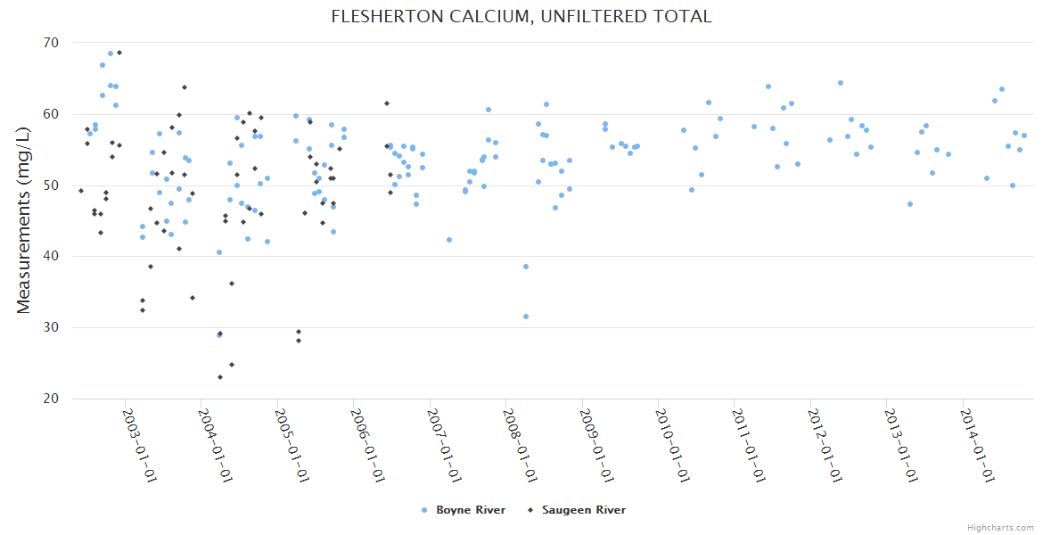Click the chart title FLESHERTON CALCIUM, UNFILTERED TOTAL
(521, 16)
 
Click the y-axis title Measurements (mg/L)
(24, 220)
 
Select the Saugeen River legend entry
(583, 510)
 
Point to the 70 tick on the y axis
(50, 43)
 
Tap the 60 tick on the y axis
(50, 114)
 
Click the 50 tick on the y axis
(50, 185)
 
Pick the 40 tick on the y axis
(50, 257)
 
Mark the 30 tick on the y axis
(50, 328)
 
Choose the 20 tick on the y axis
(50, 399)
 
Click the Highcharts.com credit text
(1001, 527)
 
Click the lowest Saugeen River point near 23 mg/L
(220, 377)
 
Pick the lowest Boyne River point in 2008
(526, 317)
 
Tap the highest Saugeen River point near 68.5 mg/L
(119, 53)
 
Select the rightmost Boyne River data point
(1024, 136)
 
